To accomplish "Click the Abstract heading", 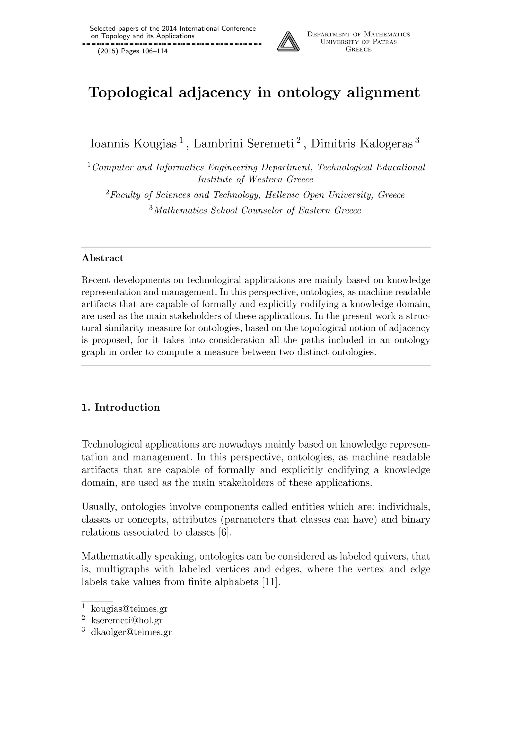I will (x=103, y=258).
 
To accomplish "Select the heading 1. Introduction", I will (x=121, y=407).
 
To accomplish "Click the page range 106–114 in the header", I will (x=155, y=51).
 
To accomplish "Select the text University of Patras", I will (x=358, y=42).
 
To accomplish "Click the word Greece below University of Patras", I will (x=358, y=50).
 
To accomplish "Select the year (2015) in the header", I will (x=108, y=51).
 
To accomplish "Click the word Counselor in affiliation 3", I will (x=263, y=211).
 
